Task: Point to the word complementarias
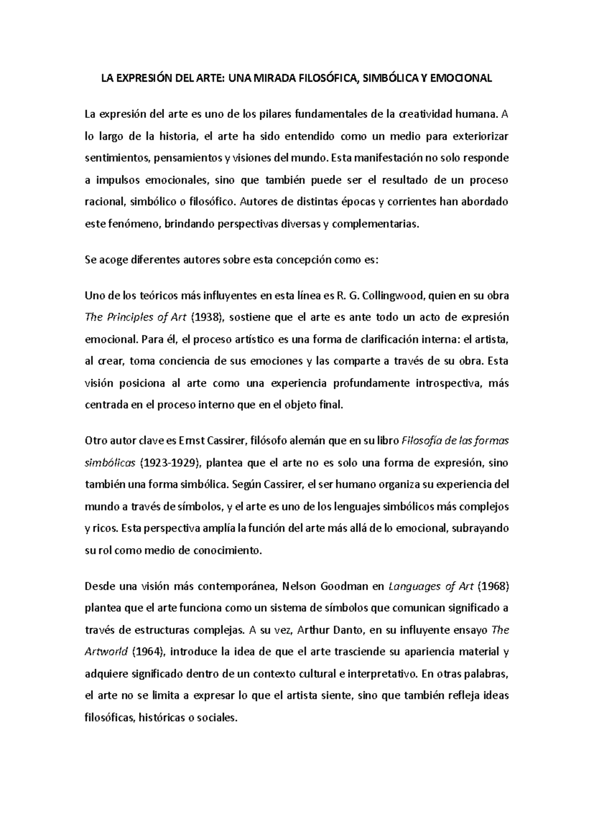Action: (x=375, y=224)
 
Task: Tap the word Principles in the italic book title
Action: (x=130, y=318)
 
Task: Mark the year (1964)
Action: (x=150, y=652)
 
